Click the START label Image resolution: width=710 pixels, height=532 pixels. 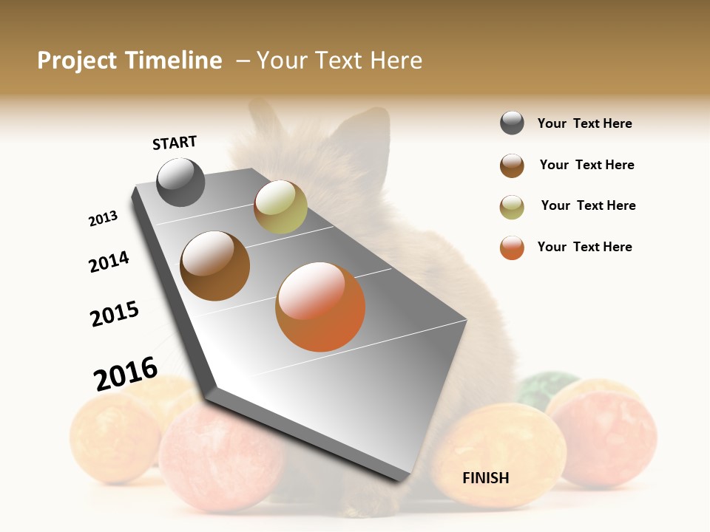[x=175, y=143]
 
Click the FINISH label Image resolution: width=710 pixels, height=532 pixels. [x=485, y=478]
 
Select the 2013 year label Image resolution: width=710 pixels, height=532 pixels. [x=103, y=219]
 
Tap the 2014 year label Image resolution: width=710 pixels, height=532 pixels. [x=109, y=262]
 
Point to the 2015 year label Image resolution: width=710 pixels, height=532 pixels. [x=115, y=314]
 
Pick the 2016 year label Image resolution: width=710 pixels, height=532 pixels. [x=126, y=373]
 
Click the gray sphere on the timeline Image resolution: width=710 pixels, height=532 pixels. [x=180, y=182]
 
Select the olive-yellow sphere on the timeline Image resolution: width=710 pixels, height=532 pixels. [x=280, y=207]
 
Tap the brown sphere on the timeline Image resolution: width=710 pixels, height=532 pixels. [x=214, y=266]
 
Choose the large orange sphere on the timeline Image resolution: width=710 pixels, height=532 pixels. [x=320, y=307]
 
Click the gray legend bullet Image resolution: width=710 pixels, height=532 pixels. [x=512, y=123]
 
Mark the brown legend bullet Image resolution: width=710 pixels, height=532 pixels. [x=512, y=166]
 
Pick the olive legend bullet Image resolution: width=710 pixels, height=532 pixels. [x=512, y=206]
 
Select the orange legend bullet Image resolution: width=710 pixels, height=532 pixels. [x=512, y=248]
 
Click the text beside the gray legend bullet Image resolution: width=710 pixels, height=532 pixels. [x=584, y=123]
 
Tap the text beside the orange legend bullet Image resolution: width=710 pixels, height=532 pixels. [x=584, y=247]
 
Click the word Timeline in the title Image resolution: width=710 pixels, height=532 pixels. [x=173, y=61]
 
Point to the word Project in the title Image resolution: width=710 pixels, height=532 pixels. [x=77, y=61]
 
